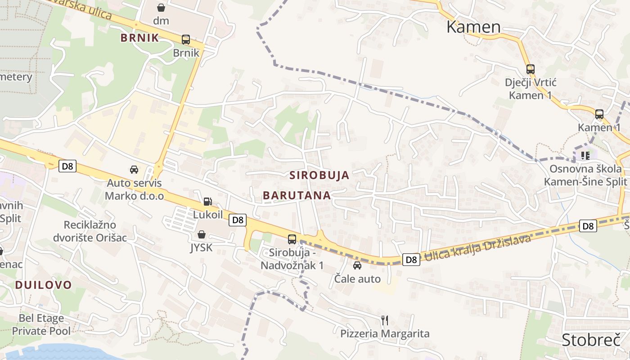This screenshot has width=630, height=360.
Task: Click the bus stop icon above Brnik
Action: [x=185, y=40]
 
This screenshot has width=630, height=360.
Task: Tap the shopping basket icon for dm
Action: [x=161, y=8]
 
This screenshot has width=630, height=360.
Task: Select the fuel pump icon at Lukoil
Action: [x=207, y=201]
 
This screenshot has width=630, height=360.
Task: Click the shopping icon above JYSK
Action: [x=201, y=234]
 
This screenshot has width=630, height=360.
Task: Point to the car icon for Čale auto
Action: [x=357, y=265]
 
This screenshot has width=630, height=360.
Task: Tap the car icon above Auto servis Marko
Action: [x=134, y=170]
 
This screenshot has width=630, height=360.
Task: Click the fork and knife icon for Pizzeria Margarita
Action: [x=385, y=320]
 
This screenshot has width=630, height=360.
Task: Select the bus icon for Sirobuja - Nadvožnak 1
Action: [x=292, y=239]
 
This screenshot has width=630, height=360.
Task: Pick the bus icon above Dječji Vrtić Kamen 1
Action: [x=531, y=69]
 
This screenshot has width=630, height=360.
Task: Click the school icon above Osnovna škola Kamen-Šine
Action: [x=585, y=156]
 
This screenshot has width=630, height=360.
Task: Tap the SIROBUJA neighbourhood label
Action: [x=319, y=175]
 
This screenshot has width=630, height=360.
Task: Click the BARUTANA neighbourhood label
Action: [x=297, y=195]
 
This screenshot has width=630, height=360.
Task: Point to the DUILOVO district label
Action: [x=43, y=285]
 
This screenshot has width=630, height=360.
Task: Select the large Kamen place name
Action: [x=473, y=27]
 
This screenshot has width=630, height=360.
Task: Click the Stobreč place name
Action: [x=591, y=340]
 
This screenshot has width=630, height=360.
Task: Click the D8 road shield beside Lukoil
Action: [x=238, y=220]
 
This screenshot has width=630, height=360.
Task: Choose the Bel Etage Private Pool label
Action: [x=41, y=325]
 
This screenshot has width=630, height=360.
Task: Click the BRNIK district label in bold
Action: [x=140, y=38]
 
